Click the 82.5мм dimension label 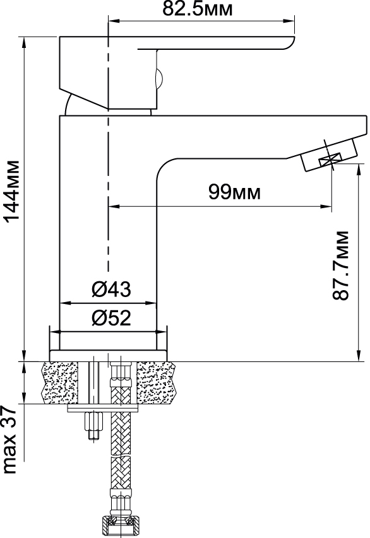point(197,9)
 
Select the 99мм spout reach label point(234,192)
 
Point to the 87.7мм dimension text point(341,266)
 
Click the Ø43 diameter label point(111,289)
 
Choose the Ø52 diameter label point(111,318)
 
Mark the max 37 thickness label point(9,440)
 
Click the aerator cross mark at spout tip point(330,159)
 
